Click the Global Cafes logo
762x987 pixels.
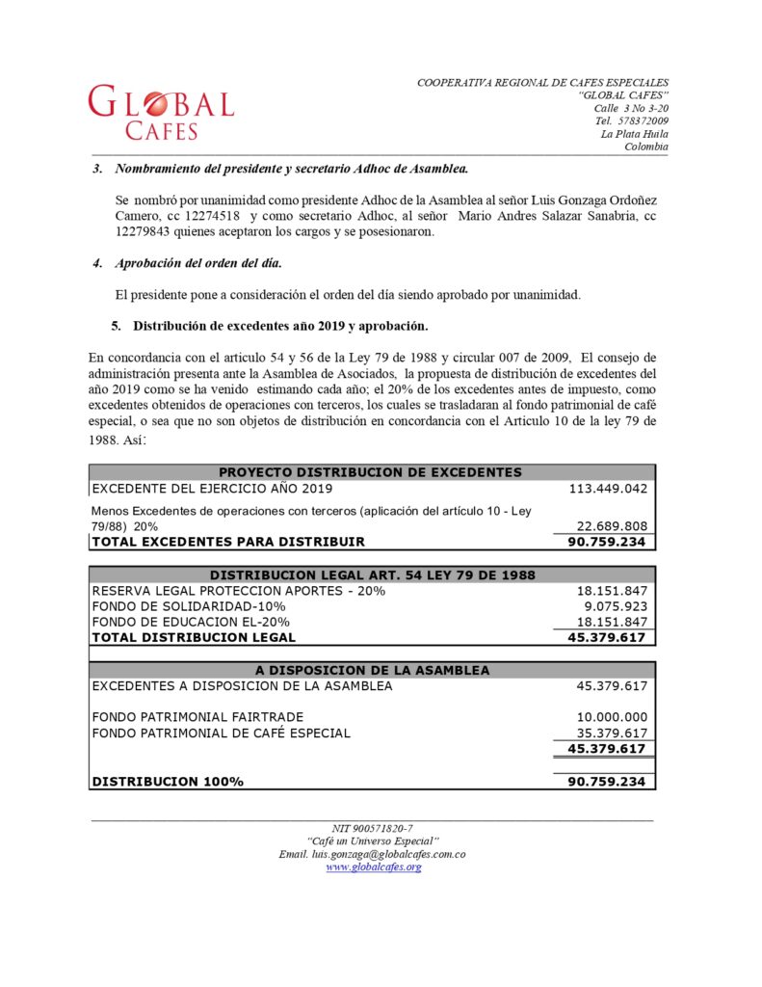[161, 112]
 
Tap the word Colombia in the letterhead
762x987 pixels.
[645, 147]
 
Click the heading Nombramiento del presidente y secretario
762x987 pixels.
[291, 169]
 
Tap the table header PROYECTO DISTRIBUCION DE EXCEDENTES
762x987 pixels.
[371, 472]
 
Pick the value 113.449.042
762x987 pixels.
[608, 489]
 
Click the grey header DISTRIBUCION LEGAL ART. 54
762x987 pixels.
[372, 574]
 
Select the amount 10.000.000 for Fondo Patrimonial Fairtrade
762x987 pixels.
[612, 717]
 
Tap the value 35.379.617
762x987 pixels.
[612, 733]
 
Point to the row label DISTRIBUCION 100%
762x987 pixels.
[168, 782]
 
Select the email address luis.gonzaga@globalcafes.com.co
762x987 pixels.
[373, 854]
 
